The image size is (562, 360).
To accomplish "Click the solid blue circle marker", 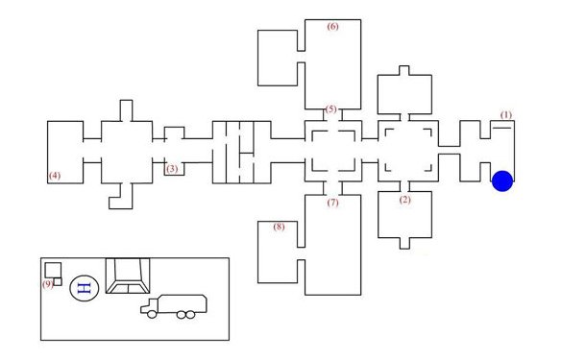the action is click(502, 180).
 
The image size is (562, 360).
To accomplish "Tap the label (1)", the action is click(506, 115).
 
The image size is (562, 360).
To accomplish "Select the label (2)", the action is click(405, 200).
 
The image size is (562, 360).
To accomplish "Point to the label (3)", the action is click(172, 168).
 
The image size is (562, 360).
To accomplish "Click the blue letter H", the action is click(85, 288).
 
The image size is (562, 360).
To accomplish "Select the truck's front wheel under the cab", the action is click(152, 315).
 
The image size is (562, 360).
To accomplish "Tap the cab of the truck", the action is click(149, 306).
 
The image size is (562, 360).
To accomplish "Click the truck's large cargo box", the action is click(183, 303).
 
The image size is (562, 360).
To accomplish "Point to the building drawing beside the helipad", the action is click(128, 276).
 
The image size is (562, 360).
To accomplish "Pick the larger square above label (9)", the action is click(53, 270).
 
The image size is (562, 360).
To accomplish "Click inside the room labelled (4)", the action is click(65, 153).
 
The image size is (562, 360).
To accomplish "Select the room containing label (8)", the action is click(278, 252).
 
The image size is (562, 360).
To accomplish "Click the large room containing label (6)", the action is click(332, 64).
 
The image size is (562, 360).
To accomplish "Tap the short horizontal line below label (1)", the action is click(501, 128).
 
